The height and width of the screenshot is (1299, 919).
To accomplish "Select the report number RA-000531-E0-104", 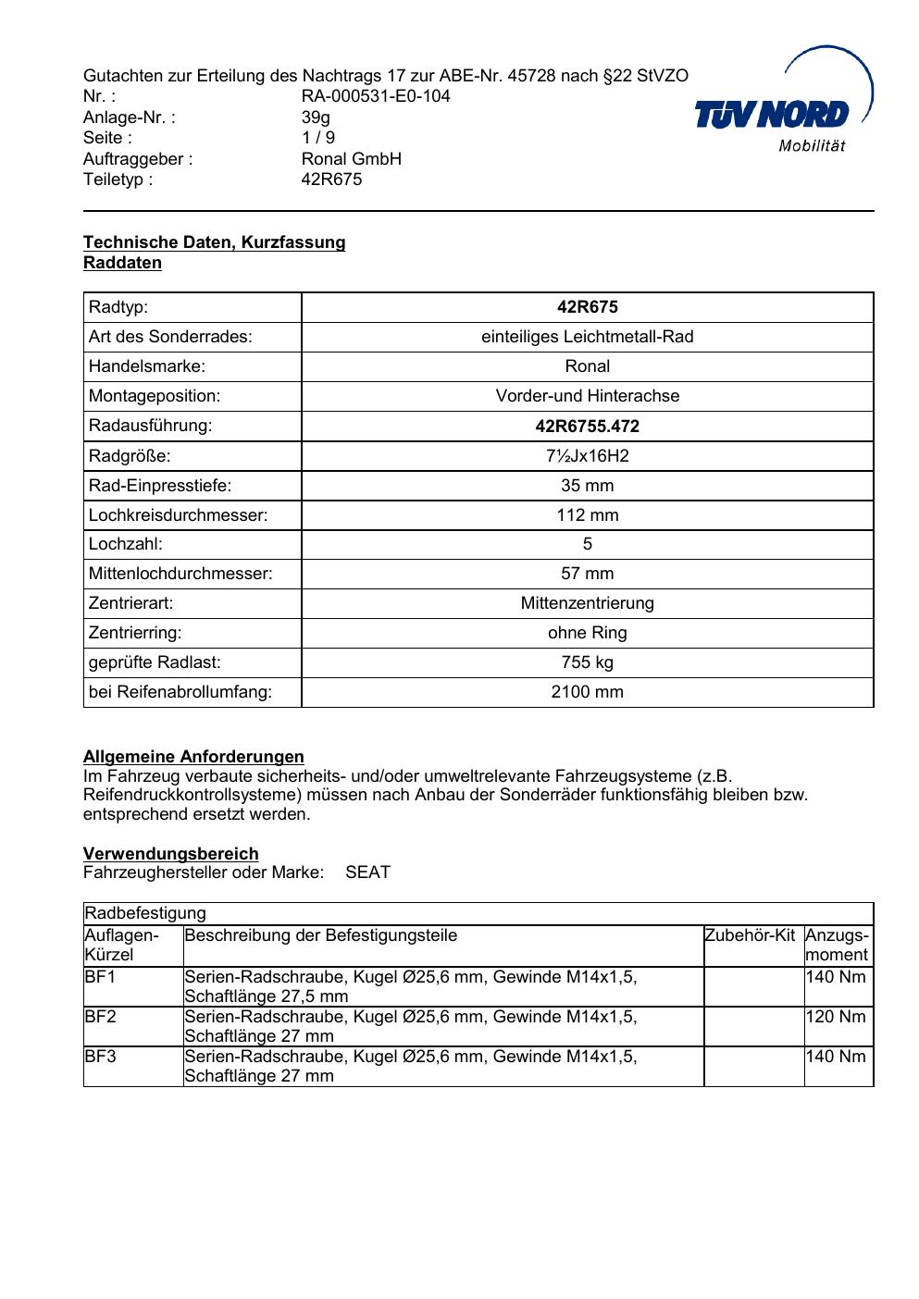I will click(x=376, y=96).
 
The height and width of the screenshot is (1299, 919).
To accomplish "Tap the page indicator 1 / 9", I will click(x=318, y=138).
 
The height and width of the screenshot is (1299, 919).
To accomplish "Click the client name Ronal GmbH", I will click(x=352, y=159).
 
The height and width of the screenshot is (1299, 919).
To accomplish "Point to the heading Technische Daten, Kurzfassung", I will click(x=214, y=242).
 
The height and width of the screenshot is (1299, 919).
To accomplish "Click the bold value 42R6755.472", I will click(x=587, y=427).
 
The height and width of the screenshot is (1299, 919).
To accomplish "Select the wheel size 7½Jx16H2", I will click(x=587, y=456).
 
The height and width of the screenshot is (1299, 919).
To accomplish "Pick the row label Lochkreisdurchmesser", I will click(x=178, y=515).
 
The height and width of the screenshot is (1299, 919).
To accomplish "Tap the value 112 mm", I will click(x=587, y=515).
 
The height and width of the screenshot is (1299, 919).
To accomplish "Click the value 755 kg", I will click(x=587, y=662).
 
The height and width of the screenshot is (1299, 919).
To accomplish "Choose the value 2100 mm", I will click(x=587, y=692).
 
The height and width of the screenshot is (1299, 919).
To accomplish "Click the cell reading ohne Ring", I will click(x=587, y=633).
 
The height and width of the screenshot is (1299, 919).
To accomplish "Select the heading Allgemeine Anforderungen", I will click(x=193, y=757).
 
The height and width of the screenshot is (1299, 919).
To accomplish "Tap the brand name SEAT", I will click(x=367, y=872).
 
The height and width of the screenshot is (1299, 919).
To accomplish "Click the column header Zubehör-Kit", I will click(x=750, y=935).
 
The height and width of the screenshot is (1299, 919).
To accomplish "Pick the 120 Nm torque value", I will click(x=836, y=1017).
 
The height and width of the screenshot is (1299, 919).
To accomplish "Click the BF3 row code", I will click(x=100, y=1057).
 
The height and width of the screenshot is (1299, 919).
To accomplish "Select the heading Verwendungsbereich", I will click(x=170, y=854).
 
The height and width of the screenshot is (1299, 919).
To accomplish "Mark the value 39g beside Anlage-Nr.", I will click(x=316, y=118).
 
